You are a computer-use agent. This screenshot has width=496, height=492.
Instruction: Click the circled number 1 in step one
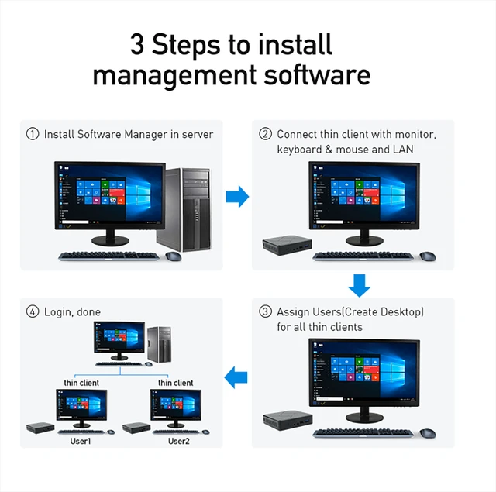[x=33, y=134]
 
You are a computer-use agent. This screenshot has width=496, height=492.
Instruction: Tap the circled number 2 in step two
[x=265, y=134]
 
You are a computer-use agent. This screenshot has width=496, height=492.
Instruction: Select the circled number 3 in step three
[x=265, y=311]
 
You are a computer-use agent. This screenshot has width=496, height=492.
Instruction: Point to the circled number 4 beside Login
[x=33, y=311]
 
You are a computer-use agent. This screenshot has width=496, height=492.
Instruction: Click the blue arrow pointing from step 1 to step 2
[x=237, y=197]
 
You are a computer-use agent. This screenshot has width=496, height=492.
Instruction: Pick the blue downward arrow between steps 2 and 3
[x=359, y=285]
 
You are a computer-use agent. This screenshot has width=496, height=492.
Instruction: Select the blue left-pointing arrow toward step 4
[x=236, y=378]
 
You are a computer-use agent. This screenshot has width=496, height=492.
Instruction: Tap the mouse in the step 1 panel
[x=174, y=256]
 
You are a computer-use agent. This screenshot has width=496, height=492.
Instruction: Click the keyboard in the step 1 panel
[x=108, y=256]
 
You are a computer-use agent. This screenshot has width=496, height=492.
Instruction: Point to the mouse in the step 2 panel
[x=427, y=255]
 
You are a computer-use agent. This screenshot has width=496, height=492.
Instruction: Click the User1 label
[x=81, y=441]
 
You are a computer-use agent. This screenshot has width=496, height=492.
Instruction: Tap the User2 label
[x=178, y=441]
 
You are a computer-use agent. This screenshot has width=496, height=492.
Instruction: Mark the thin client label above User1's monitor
[x=81, y=383]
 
